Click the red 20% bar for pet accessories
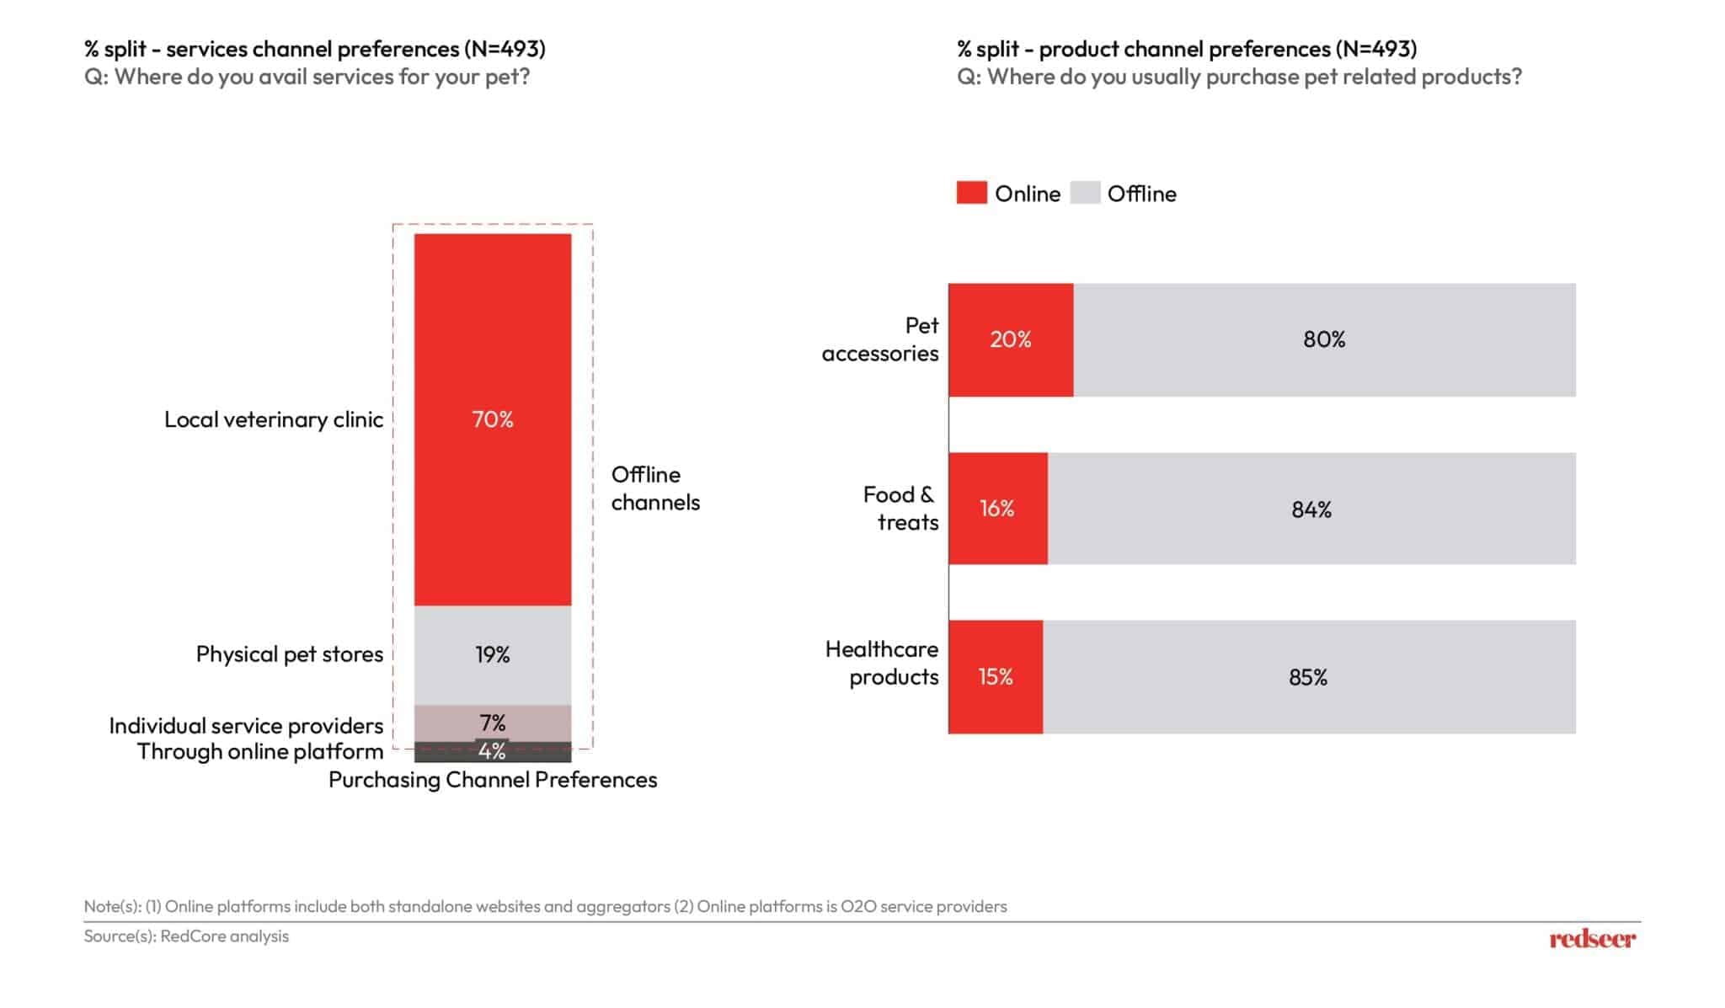click(1010, 339)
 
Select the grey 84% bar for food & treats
click(1311, 509)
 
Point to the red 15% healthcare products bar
click(995, 677)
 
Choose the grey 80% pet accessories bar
click(1323, 339)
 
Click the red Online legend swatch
click(971, 193)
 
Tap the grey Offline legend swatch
click(1085, 193)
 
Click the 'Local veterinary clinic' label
click(273, 419)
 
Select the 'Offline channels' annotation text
click(654, 488)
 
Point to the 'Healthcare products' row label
click(882, 663)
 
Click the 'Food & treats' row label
click(900, 508)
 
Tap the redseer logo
click(1592, 938)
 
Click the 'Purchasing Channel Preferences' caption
click(492, 780)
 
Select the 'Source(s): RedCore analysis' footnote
click(186, 936)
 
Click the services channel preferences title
click(314, 49)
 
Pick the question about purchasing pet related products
click(1239, 77)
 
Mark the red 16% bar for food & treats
click(997, 509)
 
